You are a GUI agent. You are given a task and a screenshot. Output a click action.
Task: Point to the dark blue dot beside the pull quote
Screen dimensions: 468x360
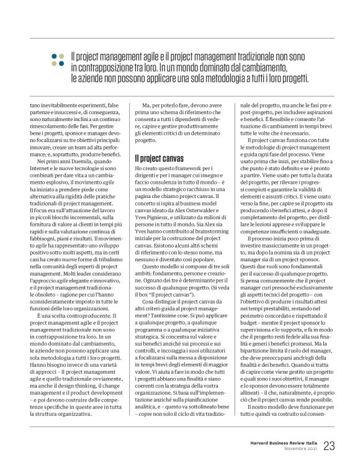click(54, 54)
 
